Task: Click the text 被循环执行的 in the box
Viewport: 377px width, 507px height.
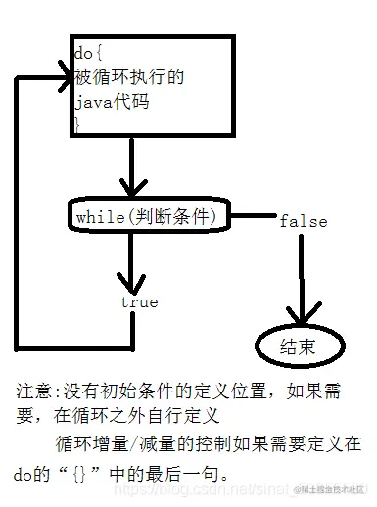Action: point(116,77)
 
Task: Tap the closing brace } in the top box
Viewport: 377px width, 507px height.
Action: point(77,123)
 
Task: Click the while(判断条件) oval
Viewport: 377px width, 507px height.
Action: point(151,214)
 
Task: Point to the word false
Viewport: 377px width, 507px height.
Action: point(303,221)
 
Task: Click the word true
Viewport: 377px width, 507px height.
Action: point(138,302)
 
